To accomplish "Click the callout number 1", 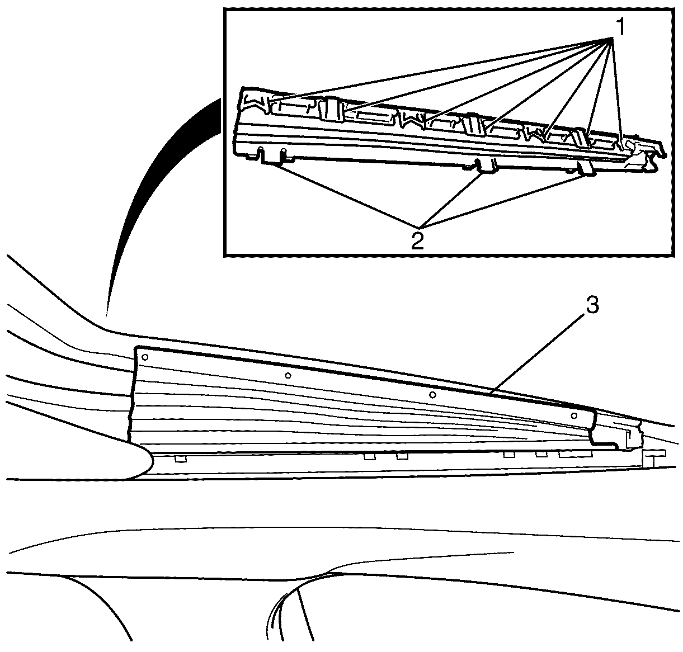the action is point(620,27).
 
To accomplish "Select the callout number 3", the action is point(592,305).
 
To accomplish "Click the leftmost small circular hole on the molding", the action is point(145,357).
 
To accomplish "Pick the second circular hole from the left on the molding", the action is point(288,375).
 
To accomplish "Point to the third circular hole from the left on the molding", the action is point(433,395).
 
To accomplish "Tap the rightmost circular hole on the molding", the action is point(574,416).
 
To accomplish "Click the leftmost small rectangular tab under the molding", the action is point(181,459).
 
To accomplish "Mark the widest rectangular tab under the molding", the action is point(576,455).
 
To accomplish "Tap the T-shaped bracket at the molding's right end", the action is point(653,457).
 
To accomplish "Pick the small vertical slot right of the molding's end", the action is point(628,436).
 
